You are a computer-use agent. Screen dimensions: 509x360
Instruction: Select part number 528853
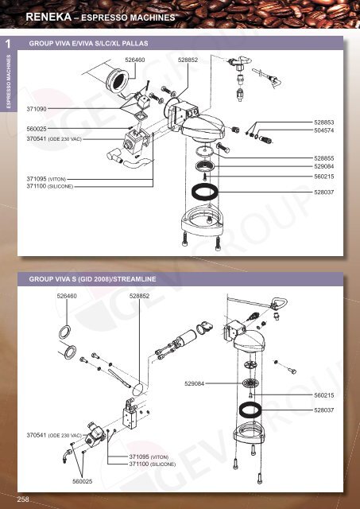(323, 122)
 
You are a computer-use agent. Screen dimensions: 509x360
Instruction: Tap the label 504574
(323, 130)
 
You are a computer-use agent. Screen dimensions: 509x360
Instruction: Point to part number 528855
(323, 158)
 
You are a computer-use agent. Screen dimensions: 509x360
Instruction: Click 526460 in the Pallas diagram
(135, 60)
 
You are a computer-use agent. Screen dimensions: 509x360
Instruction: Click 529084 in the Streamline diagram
(194, 384)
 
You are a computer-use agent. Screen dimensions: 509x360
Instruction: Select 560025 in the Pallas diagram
(37, 128)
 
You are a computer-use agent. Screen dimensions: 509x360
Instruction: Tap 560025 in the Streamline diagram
(79, 481)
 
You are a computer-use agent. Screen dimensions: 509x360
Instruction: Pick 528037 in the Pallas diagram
(323, 192)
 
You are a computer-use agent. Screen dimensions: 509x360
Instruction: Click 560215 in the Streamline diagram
(323, 395)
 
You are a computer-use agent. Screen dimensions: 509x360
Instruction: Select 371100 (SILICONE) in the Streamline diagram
(156, 464)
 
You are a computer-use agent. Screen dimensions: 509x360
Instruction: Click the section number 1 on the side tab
(6, 45)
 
